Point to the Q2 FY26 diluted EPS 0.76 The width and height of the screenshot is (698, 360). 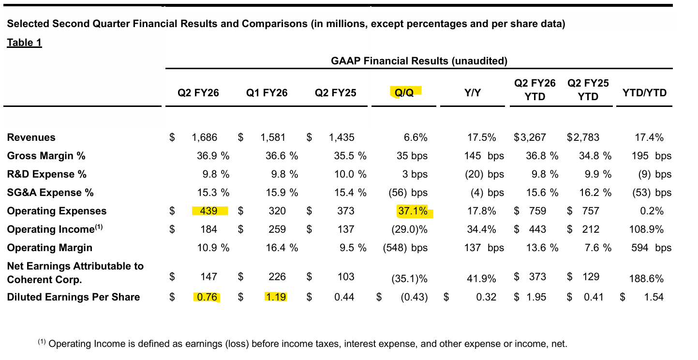pos(206,297)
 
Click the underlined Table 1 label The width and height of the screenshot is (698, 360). pos(24,43)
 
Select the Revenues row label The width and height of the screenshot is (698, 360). pos(31,137)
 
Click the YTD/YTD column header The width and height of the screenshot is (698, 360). pos(644,92)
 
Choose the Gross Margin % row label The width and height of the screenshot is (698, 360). pos(46,156)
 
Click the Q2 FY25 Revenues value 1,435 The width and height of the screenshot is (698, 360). pos(342,137)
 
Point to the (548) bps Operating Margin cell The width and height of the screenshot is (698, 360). pos(405,248)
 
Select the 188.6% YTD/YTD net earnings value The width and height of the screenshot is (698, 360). pos(646,279)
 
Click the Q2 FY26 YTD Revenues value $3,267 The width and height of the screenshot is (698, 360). pos(530,137)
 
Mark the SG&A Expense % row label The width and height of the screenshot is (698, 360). pos(50,193)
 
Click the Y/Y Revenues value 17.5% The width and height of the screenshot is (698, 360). pos(482,137)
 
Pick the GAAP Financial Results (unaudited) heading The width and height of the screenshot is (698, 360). pos(419,61)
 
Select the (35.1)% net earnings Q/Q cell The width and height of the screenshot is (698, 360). pos(409,279)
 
